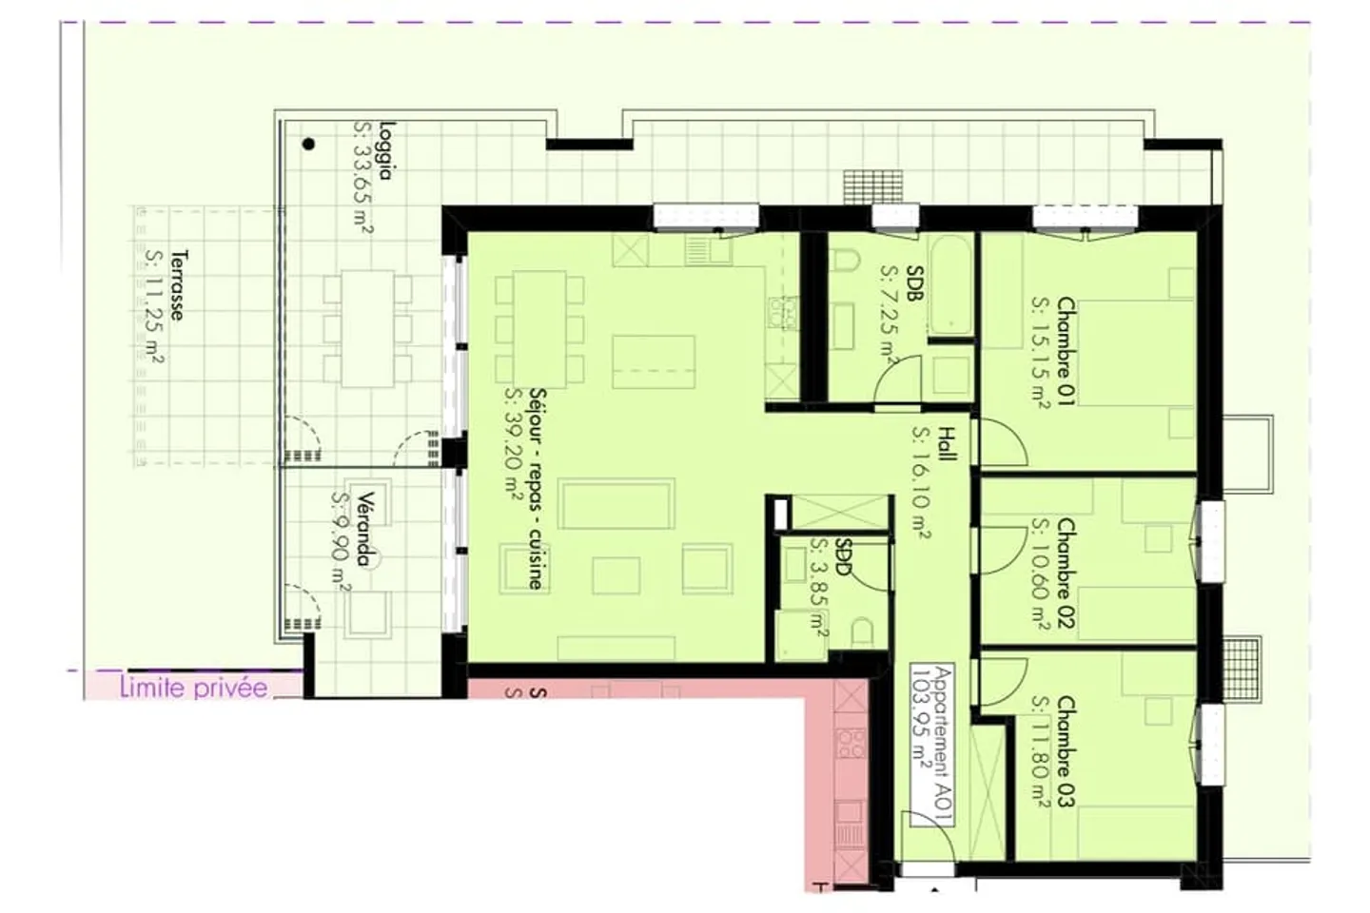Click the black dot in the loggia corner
pos(308,145)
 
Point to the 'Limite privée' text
pos(193,688)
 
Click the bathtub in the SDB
pos(950,286)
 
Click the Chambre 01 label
pos(1065,352)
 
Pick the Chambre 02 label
pos(1065,573)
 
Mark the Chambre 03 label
pos(1065,752)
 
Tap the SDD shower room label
pos(842,559)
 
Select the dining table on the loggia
pos(368,328)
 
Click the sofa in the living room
pos(617,505)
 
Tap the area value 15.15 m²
pos(1041,352)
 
